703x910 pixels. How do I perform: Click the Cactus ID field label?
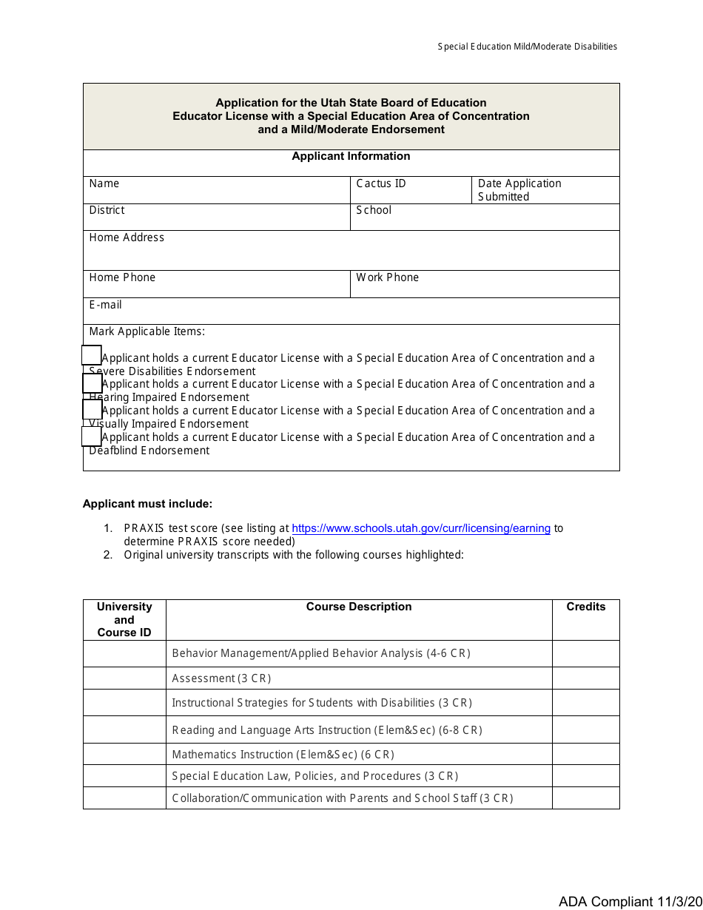click(x=381, y=183)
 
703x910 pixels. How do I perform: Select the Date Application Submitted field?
click(x=544, y=190)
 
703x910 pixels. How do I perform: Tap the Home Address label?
click(x=127, y=237)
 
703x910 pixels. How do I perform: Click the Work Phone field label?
click(x=387, y=277)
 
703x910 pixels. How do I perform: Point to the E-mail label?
click(x=105, y=305)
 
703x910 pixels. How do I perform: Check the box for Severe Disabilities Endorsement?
click(x=92, y=356)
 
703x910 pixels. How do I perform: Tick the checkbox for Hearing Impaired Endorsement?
click(x=92, y=383)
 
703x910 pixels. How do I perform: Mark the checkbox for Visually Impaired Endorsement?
click(x=92, y=410)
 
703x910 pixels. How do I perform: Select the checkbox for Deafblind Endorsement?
click(x=92, y=437)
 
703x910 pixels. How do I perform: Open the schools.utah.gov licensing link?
click(x=421, y=528)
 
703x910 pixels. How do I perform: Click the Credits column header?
click(x=585, y=607)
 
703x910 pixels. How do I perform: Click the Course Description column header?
click(x=359, y=607)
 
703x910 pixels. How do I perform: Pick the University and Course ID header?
click(x=124, y=619)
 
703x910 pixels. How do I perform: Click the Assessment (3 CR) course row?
click(x=221, y=678)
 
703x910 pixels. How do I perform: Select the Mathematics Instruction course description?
click(x=283, y=755)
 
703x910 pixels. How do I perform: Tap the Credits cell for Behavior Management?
click(x=585, y=653)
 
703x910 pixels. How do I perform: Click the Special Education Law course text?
click(x=314, y=776)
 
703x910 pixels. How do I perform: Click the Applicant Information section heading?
click(x=351, y=156)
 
